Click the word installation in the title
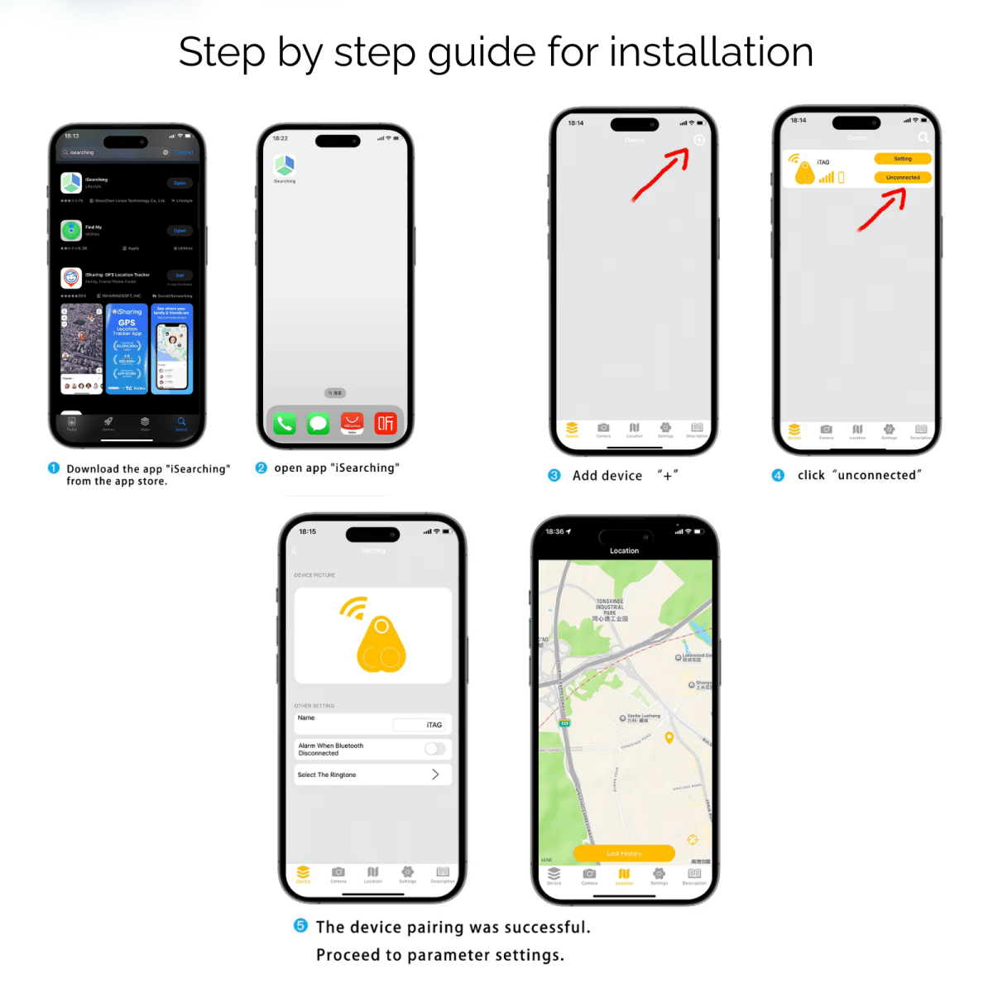point(712,52)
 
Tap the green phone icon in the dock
point(285,424)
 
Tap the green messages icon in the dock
point(318,424)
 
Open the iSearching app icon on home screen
point(285,165)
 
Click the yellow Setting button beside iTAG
point(902,159)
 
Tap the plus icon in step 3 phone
point(699,140)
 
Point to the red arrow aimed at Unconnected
point(882,210)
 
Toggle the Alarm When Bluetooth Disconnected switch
point(435,749)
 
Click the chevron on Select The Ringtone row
point(435,775)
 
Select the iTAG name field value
point(434,725)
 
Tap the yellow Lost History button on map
point(624,853)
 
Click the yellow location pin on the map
point(669,737)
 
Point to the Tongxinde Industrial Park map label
point(610,610)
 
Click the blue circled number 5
point(301,925)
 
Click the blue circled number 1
point(54,468)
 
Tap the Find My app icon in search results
point(71,230)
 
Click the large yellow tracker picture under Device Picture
point(372,636)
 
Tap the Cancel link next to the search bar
point(184,152)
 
